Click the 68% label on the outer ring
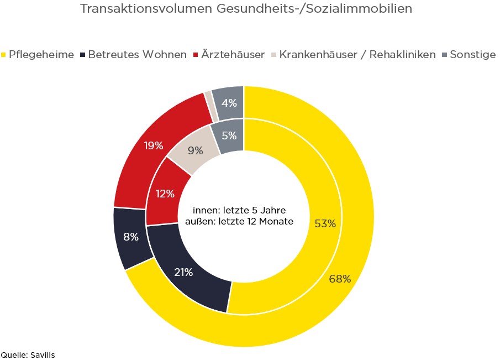coord(340,279)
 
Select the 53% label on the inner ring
coord(325,223)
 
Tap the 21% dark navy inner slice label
coord(183,272)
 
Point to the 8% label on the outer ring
coord(130,237)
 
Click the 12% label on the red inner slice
coord(165,194)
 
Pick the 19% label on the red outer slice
coord(154,145)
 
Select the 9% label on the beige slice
coord(196,150)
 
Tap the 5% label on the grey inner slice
coord(229,134)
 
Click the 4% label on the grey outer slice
coord(229,103)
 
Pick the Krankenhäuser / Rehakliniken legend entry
coord(357,55)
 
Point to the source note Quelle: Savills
coord(28,354)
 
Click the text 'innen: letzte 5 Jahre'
coord(240,211)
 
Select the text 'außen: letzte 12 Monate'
coord(240,221)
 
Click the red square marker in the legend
coord(196,55)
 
